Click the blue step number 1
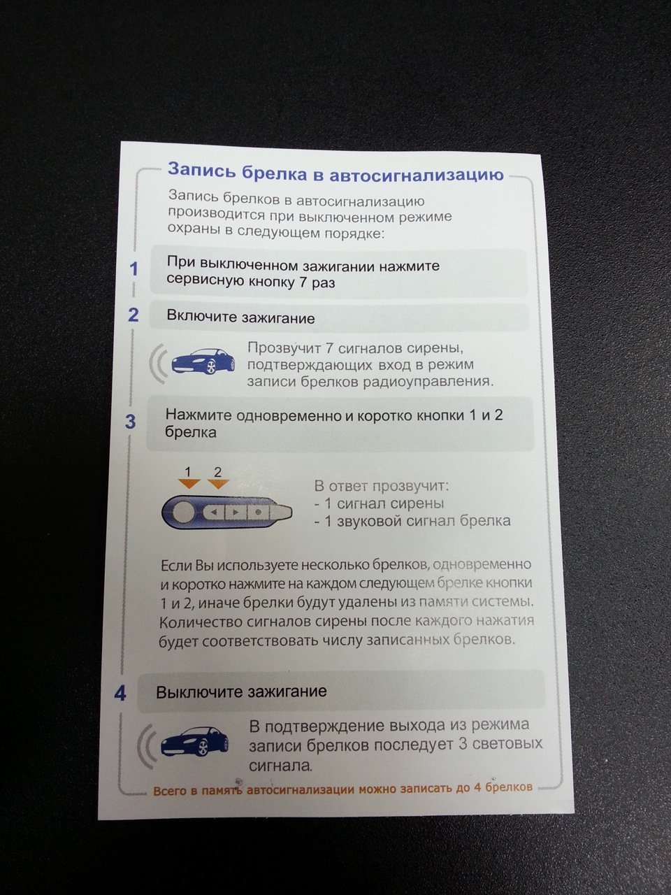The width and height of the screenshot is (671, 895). (x=134, y=269)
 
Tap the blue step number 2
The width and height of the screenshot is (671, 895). (x=134, y=315)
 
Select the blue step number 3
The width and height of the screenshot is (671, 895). (x=131, y=422)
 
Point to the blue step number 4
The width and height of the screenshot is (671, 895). (x=120, y=694)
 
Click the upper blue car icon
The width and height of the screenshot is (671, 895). (x=203, y=361)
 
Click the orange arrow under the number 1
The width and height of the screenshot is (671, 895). (x=189, y=484)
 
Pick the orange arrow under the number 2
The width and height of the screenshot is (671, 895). (x=218, y=484)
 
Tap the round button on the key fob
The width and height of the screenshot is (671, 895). (x=183, y=512)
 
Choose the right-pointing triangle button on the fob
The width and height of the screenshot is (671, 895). (x=235, y=512)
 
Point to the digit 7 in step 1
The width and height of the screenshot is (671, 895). (x=302, y=282)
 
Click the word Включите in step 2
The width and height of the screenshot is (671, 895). (x=201, y=317)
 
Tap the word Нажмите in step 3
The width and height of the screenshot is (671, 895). (x=199, y=415)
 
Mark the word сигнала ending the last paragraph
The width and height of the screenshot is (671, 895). (x=280, y=765)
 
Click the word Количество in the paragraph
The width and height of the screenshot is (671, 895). (x=198, y=622)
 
